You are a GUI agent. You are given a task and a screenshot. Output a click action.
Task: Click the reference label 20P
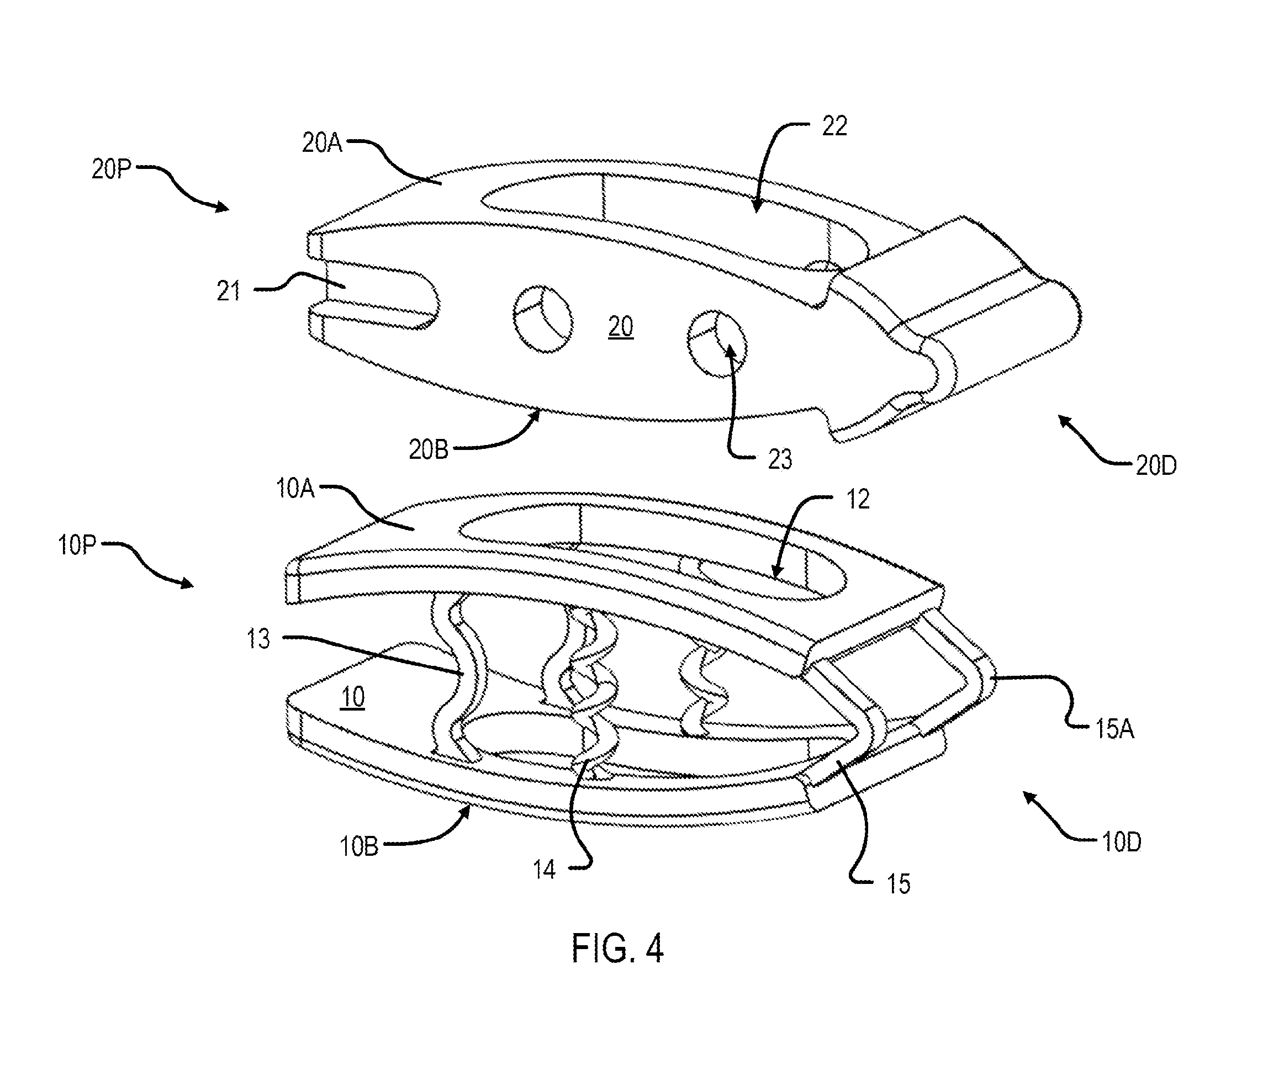[x=112, y=169]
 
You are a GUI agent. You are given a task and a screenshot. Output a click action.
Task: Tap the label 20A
[x=322, y=142]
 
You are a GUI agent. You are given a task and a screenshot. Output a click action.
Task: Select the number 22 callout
[x=834, y=126]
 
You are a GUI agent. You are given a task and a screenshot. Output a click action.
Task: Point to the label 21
[x=229, y=290]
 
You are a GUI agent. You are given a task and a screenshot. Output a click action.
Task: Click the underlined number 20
[x=621, y=326]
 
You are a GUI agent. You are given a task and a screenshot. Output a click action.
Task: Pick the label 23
[x=780, y=459]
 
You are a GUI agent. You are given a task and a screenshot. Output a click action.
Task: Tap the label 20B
[x=428, y=450]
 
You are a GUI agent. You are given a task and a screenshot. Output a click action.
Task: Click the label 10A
[x=295, y=489]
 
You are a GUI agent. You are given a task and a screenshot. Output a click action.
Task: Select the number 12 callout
[x=858, y=500]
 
